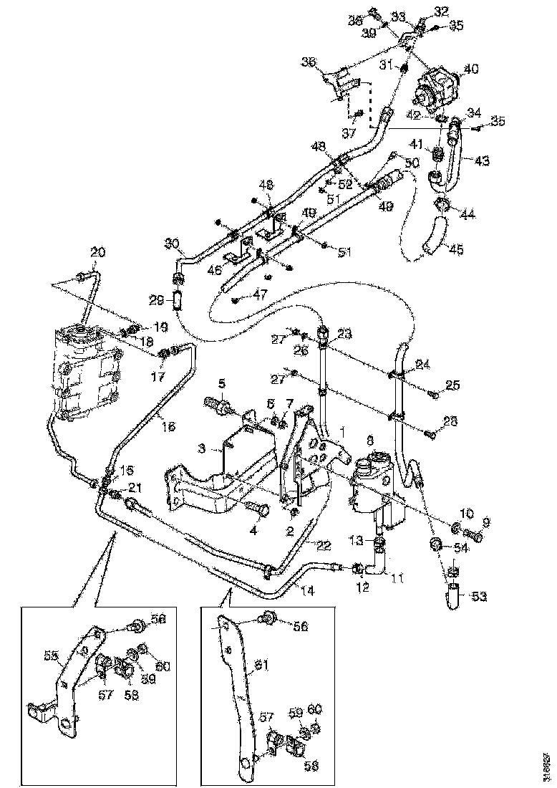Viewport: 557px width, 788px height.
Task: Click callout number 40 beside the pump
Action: click(x=471, y=69)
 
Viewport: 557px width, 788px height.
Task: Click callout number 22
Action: click(x=324, y=544)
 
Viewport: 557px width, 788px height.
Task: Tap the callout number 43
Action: click(x=482, y=160)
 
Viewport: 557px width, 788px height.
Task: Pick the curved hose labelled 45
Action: click(x=433, y=236)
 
